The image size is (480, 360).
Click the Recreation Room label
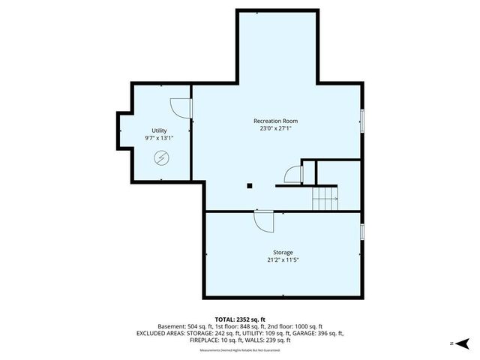(276, 121)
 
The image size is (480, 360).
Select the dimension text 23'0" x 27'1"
(276, 128)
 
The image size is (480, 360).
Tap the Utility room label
(159, 130)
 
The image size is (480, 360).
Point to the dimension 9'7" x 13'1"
(159, 138)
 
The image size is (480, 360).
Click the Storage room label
(283, 252)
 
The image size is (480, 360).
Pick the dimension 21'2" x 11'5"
(283, 260)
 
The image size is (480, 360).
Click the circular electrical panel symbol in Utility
(161, 157)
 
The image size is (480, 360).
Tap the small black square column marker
(250, 184)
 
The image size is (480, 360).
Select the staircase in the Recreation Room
(325, 197)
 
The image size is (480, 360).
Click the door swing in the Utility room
(180, 109)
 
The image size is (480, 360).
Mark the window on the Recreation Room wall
(363, 119)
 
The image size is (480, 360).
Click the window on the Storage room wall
(363, 232)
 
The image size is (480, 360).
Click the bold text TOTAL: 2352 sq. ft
(240, 319)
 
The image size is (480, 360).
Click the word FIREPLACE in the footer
(203, 340)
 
